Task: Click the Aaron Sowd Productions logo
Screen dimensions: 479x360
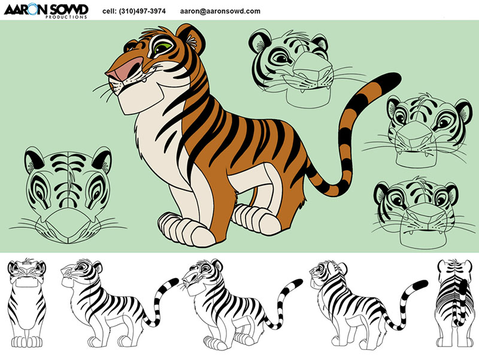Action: (46, 11)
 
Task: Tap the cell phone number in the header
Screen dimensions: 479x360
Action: (134, 11)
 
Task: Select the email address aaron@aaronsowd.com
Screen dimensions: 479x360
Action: (220, 11)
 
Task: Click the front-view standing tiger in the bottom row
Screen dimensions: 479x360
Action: (26, 303)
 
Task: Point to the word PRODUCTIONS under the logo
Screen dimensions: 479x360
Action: (66, 17)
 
